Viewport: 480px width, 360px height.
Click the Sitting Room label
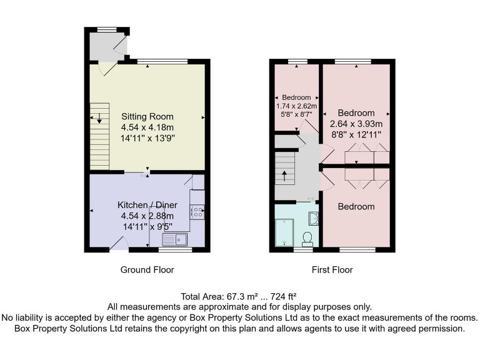click(147, 116)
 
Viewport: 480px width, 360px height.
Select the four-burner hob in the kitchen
click(197, 212)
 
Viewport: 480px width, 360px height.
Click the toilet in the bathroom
click(307, 238)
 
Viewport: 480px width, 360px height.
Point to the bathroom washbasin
click(314, 217)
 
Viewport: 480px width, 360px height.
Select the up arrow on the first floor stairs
click(286, 176)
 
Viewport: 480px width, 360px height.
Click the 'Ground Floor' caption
click(147, 270)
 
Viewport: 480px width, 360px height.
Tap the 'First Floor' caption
click(332, 270)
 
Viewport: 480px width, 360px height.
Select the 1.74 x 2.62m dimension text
click(296, 106)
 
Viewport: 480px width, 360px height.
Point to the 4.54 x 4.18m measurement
click(147, 127)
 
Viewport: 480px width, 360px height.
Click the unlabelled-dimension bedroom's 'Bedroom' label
click(356, 206)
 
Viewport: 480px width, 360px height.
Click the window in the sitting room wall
click(162, 61)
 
